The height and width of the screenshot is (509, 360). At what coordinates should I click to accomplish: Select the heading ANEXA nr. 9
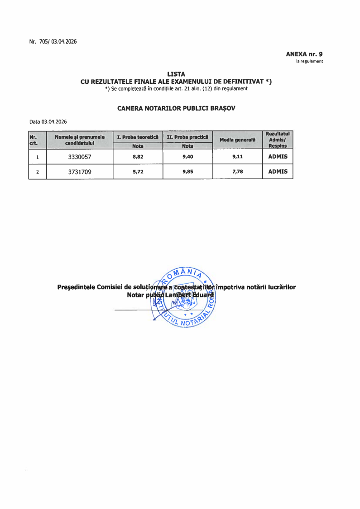click(x=304, y=54)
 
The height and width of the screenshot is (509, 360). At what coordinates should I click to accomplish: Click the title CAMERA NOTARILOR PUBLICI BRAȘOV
click(x=176, y=108)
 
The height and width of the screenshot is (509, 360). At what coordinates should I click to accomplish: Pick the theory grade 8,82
click(x=138, y=157)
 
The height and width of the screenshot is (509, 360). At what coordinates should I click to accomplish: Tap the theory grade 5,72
click(x=138, y=172)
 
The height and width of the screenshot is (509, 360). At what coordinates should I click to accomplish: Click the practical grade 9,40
click(x=187, y=157)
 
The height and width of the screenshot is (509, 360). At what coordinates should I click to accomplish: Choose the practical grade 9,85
click(x=187, y=172)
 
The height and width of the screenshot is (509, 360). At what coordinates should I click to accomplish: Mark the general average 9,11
click(x=237, y=157)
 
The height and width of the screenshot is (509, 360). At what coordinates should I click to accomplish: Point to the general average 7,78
click(x=237, y=172)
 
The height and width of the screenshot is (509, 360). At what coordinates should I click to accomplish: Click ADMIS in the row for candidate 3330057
click(x=278, y=157)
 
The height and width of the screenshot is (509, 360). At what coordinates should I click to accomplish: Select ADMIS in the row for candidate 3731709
click(x=278, y=172)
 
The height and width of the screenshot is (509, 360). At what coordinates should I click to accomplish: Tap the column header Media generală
click(x=237, y=140)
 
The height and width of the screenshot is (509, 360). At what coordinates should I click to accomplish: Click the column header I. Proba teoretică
click(x=138, y=136)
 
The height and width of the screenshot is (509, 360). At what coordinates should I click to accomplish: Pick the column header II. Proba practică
click(x=187, y=136)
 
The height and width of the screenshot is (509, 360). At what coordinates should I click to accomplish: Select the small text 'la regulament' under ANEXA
click(x=309, y=61)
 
